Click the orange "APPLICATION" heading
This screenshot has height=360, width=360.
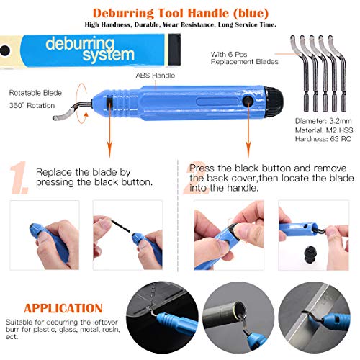click(x=61, y=307)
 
